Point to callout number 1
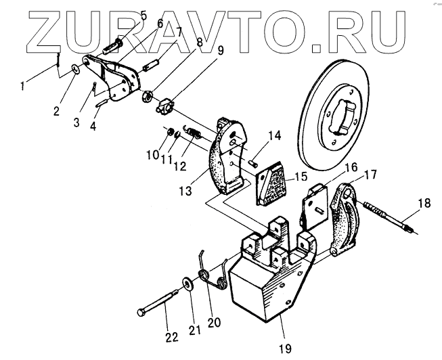pyautogui.click(x=24, y=86)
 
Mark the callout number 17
pyautogui.click(x=370, y=173)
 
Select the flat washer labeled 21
pyautogui.click(x=185, y=281)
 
